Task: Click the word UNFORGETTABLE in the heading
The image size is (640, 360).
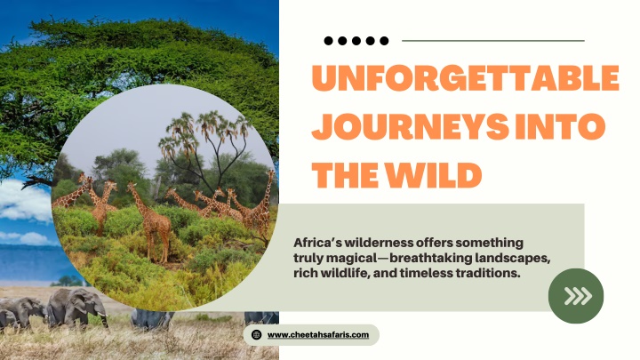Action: (x=466, y=77)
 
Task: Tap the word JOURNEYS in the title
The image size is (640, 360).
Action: (x=410, y=126)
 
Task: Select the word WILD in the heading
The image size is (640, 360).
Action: (x=434, y=175)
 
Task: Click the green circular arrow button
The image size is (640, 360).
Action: (x=576, y=296)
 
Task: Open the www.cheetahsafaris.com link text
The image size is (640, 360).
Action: (x=318, y=335)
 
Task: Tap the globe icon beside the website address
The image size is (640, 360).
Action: (x=256, y=335)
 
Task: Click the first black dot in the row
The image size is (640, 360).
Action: (x=328, y=40)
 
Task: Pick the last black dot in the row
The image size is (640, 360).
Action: (x=384, y=40)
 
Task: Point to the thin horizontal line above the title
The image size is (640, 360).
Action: (x=493, y=41)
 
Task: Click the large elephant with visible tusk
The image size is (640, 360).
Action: (x=76, y=307)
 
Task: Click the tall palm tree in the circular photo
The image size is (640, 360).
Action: (x=204, y=147)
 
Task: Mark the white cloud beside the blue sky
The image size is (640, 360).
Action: (x=25, y=200)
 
